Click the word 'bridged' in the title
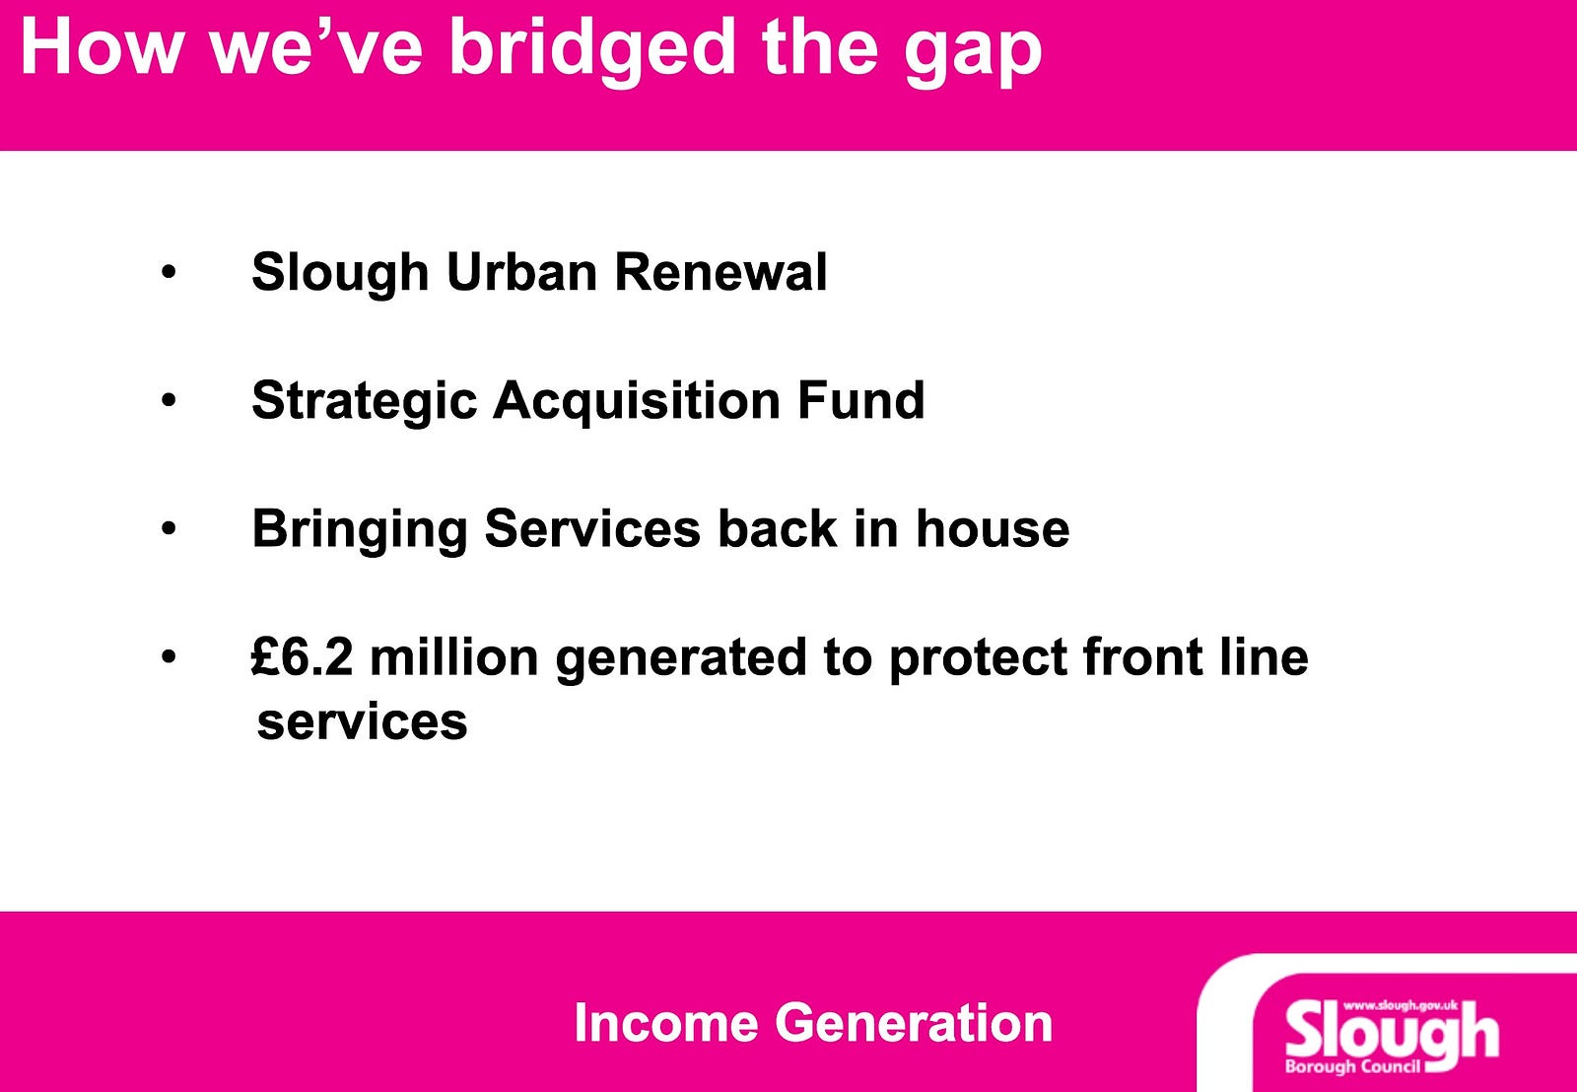click(x=592, y=48)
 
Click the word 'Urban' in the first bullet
click(x=521, y=272)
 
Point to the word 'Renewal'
click(x=720, y=272)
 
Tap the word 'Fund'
click(x=861, y=400)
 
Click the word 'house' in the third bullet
click(x=993, y=528)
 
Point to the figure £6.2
click(x=302, y=657)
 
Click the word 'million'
click(x=454, y=657)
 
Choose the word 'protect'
click(x=977, y=659)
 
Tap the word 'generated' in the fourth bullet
click(x=681, y=659)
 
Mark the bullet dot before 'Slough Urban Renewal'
click(x=169, y=272)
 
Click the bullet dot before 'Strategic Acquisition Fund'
click(x=169, y=400)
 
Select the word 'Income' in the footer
click(x=666, y=1022)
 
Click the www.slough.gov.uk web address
click(x=1401, y=1006)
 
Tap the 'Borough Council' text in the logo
click(x=1352, y=1066)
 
